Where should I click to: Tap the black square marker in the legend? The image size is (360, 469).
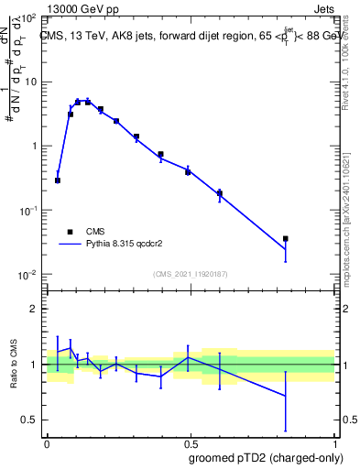pyautogui.click(x=69, y=232)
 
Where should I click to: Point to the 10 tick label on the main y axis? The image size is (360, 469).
pyautogui.click(x=29, y=82)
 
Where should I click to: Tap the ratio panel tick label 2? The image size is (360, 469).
pyautogui.click(x=34, y=309)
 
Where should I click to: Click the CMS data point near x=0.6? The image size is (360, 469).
pyautogui.click(x=220, y=193)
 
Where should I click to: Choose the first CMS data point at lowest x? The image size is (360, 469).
pyautogui.click(x=58, y=180)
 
